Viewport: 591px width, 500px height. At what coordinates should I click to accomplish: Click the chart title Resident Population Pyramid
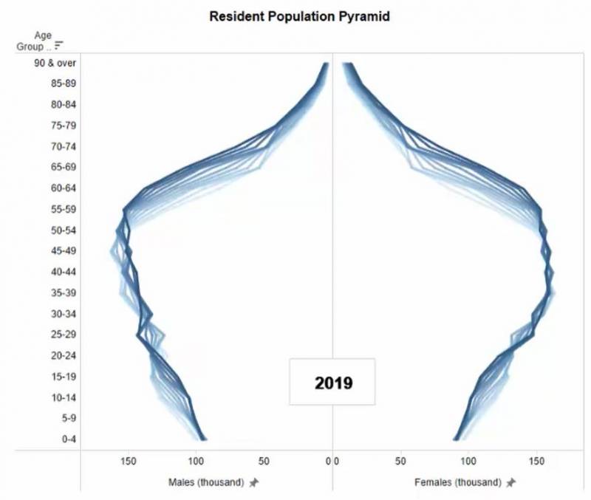pyautogui.click(x=298, y=16)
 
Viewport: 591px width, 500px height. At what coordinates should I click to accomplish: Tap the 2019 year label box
pyautogui.click(x=332, y=383)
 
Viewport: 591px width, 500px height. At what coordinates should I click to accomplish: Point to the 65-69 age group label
pyautogui.click(x=64, y=167)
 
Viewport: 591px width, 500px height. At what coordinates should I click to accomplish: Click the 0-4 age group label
pyautogui.click(x=67, y=439)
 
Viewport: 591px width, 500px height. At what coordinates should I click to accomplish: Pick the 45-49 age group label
pyautogui.click(x=64, y=251)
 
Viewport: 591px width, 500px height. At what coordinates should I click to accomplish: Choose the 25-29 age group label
pyautogui.click(x=64, y=335)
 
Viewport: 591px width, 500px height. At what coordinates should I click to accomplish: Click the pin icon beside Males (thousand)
pyautogui.click(x=254, y=482)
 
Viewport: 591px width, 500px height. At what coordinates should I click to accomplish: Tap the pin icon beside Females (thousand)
pyautogui.click(x=510, y=482)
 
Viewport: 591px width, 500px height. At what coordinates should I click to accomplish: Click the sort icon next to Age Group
pyautogui.click(x=59, y=46)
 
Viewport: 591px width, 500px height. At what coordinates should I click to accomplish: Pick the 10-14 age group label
pyautogui.click(x=64, y=397)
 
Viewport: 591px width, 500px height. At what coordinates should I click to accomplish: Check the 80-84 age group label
pyautogui.click(x=64, y=104)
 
